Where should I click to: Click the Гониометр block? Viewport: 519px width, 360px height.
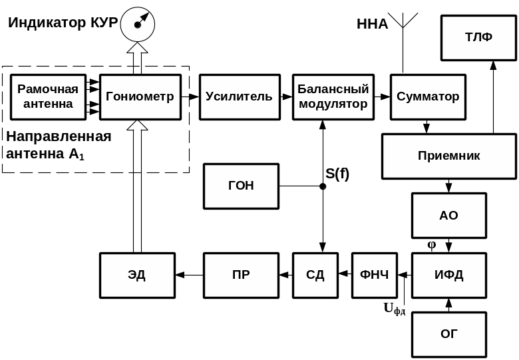click(140, 97)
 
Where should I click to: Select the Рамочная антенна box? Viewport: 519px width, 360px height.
click(48, 97)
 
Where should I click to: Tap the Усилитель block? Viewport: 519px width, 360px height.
click(239, 97)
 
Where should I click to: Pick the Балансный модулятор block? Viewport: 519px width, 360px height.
click(333, 97)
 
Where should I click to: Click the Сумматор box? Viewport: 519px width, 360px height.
click(428, 97)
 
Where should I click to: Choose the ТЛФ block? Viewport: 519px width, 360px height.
click(478, 37)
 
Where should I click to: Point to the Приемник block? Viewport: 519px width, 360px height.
click(448, 156)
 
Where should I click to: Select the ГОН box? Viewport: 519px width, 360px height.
click(241, 186)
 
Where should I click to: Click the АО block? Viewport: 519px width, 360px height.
click(448, 216)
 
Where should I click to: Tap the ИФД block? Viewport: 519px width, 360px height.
click(448, 275)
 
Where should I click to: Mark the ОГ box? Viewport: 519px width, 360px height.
click(448, 334)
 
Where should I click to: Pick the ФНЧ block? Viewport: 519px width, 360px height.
click(374, 275)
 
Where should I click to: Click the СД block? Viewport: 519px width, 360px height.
click(315, 275)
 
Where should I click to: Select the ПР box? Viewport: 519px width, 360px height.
click(241, 275)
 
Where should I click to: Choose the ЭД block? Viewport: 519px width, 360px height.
click(137, 275)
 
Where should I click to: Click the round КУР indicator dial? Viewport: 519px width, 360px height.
click(138, 25)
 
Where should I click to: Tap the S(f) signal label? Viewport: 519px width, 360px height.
click(337, 174)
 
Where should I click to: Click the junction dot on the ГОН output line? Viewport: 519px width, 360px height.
click(323, 186)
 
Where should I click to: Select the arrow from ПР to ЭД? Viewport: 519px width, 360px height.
click(190, 275)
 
